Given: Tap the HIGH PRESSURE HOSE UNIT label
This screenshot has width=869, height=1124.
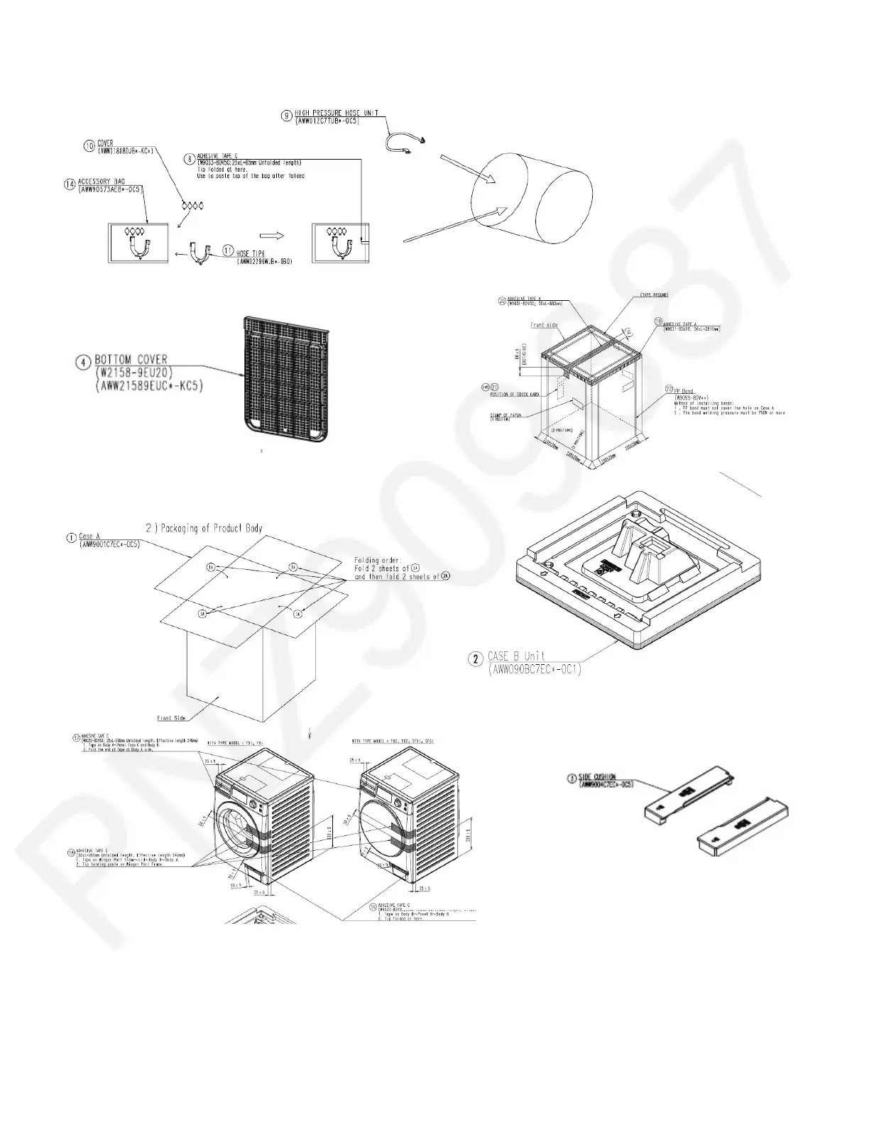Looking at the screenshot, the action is pos(337,113).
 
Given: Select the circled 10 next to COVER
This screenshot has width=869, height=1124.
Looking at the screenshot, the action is pos(89,146).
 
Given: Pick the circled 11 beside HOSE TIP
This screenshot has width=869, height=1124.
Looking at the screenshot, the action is pos(227,250).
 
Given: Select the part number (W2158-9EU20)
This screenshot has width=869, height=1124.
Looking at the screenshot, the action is pos(139,373).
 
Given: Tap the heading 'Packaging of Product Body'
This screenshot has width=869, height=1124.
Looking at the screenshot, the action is pos(209,528).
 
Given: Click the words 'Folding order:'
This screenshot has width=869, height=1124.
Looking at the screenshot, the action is pos(376,560).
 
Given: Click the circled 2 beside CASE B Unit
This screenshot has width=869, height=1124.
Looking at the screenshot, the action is pos(475,659).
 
